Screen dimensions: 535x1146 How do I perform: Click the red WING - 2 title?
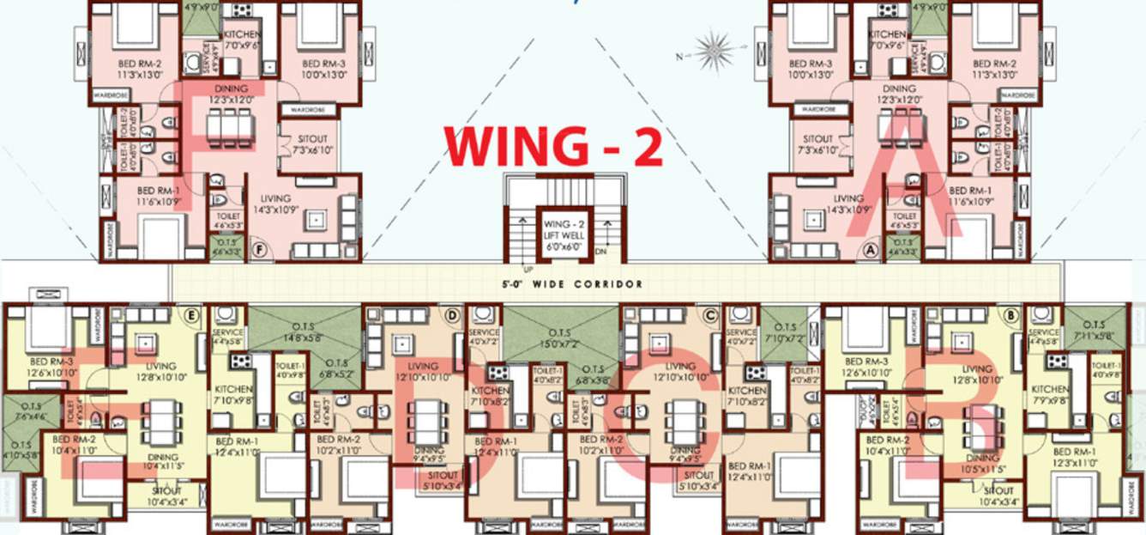[554, 147]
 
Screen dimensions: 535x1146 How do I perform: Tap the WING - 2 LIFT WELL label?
[564, 234]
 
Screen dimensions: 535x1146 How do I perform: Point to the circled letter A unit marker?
[872, 250]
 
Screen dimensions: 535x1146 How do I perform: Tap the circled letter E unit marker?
[192, 315]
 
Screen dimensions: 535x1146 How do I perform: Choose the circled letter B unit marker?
[1012, 315]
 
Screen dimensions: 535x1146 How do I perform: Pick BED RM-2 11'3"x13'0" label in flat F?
[135, 70]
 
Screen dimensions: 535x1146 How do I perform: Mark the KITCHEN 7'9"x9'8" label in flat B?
[1049, 395]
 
